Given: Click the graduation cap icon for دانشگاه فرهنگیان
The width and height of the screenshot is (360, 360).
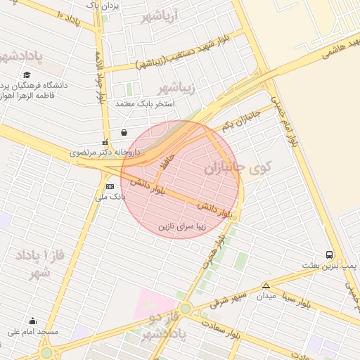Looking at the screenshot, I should (27, 75).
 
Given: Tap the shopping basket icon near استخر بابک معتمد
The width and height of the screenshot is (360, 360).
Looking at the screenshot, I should (124, 131).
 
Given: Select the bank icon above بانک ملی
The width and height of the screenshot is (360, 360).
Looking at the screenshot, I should (110, 186).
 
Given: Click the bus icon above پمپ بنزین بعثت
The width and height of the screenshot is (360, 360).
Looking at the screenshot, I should (330, 255).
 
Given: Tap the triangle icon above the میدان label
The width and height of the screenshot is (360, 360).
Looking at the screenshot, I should (266, 285).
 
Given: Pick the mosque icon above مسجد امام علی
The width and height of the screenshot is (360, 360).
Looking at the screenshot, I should (32, 321).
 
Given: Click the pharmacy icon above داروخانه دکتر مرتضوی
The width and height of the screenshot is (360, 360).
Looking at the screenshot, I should (105, 141).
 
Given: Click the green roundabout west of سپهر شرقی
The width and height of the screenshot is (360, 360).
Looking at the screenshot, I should (185, 309).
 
